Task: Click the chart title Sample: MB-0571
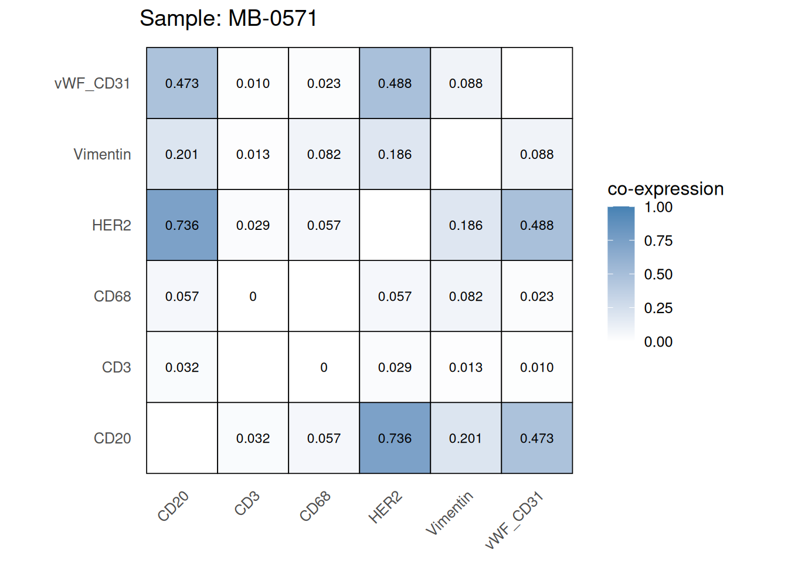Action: [228, 18]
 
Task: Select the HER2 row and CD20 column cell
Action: [182, 225]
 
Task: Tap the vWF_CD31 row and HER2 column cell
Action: [395, 83]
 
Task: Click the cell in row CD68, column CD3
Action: [253, 296]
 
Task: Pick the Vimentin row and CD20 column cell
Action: [182, 154]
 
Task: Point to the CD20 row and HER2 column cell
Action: [395, 438]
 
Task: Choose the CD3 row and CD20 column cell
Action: [182, 367]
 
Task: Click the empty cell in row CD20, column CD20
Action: [182, 438]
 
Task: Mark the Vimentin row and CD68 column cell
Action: [324, 154]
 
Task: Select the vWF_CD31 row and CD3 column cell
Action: [253, 83]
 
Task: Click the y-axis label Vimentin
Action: [102, 154]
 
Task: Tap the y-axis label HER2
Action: [111, 225]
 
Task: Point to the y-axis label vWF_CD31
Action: [92, 83]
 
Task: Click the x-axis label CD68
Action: [315, 507]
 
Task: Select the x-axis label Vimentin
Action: [449, 514]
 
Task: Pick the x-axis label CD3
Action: [247, 504]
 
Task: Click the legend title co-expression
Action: [665, 189]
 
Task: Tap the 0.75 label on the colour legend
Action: [658, 240]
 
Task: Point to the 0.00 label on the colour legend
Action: [658, 342]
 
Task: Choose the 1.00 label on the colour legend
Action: [658, 207]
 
